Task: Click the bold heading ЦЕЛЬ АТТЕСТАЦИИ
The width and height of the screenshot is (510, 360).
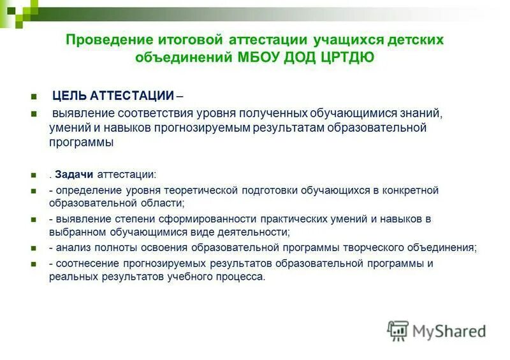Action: [113, 96]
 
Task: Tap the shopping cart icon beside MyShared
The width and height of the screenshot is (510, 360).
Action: [398, 330]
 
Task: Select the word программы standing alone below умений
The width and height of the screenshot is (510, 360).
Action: [82, 143]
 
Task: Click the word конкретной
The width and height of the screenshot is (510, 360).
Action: [412, 190]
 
